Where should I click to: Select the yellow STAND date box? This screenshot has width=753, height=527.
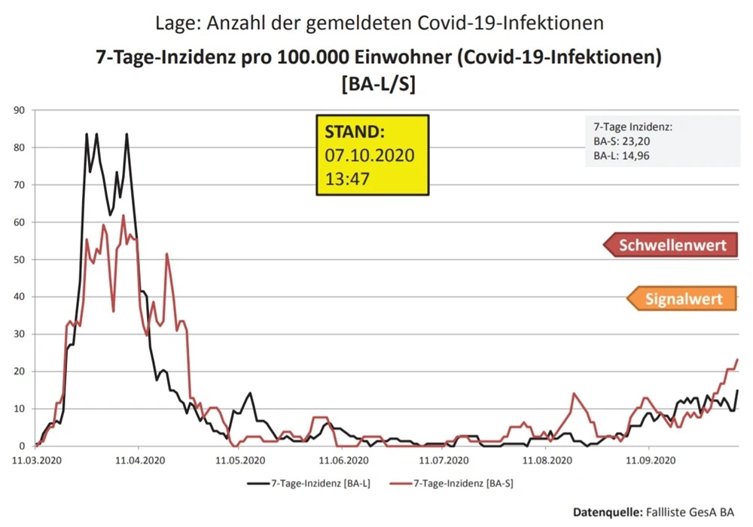(x=372, y=156)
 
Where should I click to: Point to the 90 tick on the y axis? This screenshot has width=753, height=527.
(x=20, y=111)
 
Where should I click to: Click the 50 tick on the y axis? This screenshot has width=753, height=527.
(x=20, y=260)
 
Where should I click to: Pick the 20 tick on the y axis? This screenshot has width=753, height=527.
(x=20, y=371)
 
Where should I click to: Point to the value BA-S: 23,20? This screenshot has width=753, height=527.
(x=621, y=142)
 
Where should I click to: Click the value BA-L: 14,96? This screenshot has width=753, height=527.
(x=621, y=157)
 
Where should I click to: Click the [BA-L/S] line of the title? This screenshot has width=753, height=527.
(x=378, y=86)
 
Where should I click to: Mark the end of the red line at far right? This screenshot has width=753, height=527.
(x=737, y=360)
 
